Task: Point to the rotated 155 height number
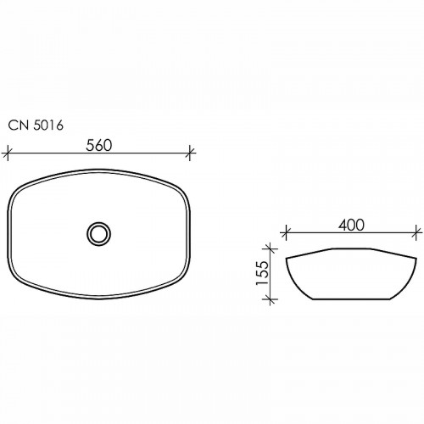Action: point(262,273)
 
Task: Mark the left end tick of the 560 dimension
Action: point(8,153)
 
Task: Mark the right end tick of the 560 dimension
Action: point(192,153)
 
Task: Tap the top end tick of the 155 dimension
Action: point(271,249)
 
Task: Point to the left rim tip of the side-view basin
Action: point(287,257)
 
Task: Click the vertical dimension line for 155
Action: point(271,274)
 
